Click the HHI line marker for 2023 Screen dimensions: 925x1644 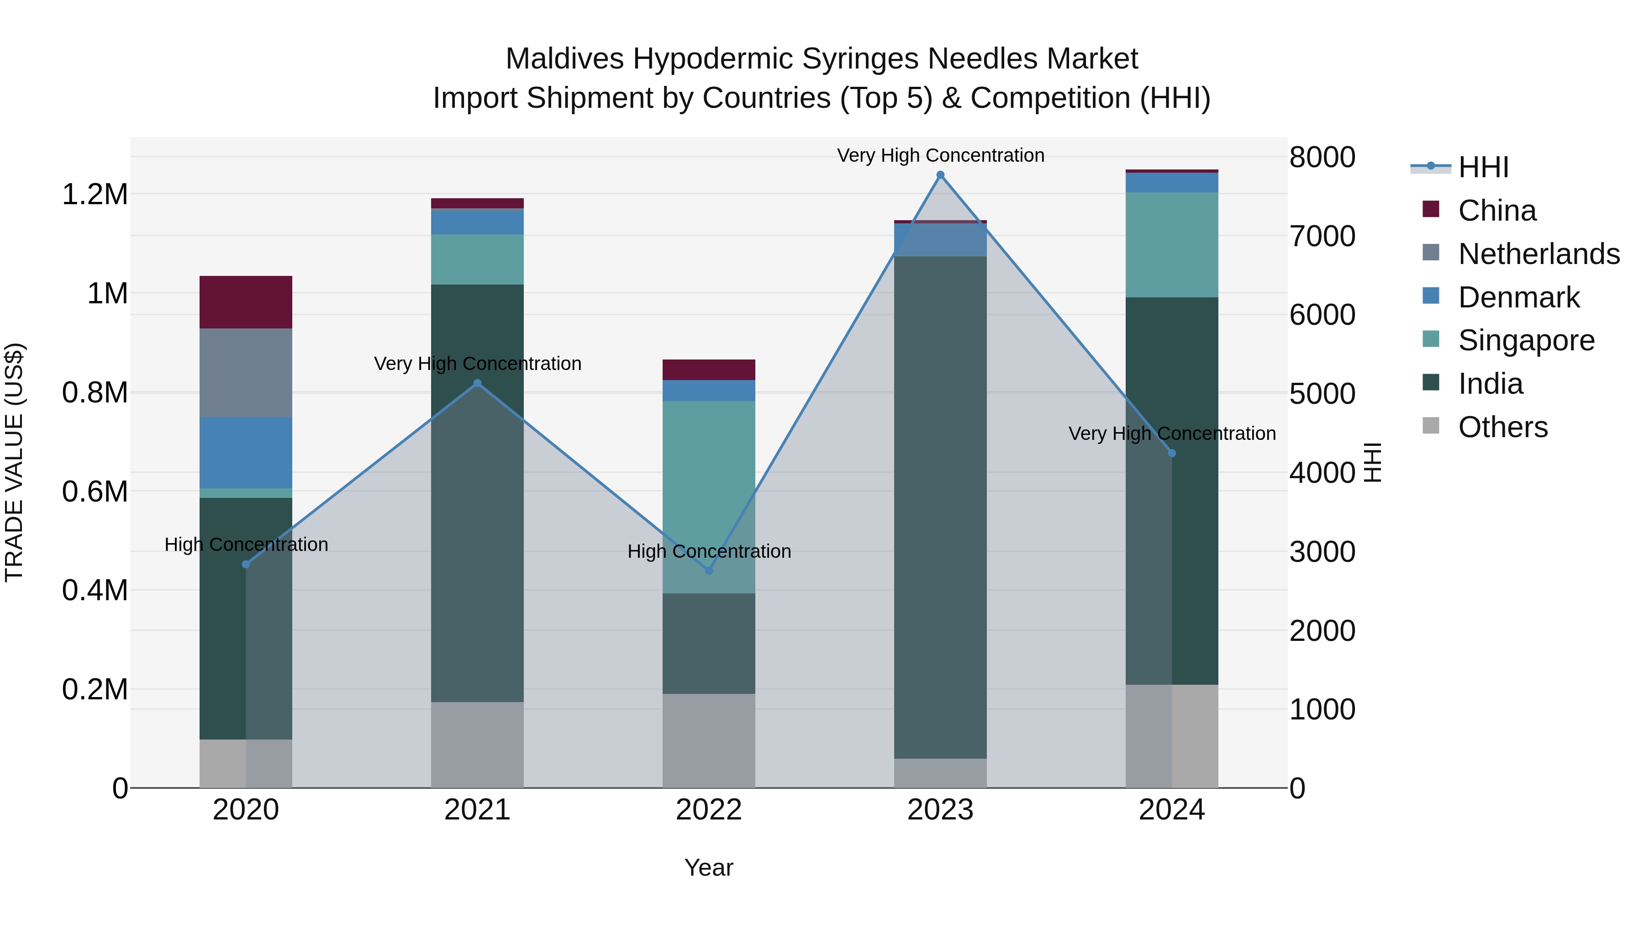click(940, 175)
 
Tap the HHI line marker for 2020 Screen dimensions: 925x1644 click(246, 564)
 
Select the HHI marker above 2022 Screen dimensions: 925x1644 click(708, 571)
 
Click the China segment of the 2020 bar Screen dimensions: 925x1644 click(246, 302)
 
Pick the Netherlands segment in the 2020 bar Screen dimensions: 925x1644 click(246, 373)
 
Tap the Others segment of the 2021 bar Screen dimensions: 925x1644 click(477, 745)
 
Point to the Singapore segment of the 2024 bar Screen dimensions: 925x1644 click(1172, 244)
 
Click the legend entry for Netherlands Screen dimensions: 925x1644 click(1538, 254)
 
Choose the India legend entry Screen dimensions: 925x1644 click(1490, 384)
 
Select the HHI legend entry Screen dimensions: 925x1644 click(1482, 167)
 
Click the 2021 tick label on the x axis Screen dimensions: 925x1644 click(477, 810)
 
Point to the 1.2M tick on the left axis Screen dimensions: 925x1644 click(95, 194)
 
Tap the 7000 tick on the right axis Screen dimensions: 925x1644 click(1322, 236)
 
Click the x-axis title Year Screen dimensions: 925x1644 click(708, 867)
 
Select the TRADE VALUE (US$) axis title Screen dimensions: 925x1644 click(14, 462)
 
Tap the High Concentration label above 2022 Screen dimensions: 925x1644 click(708, 551)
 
